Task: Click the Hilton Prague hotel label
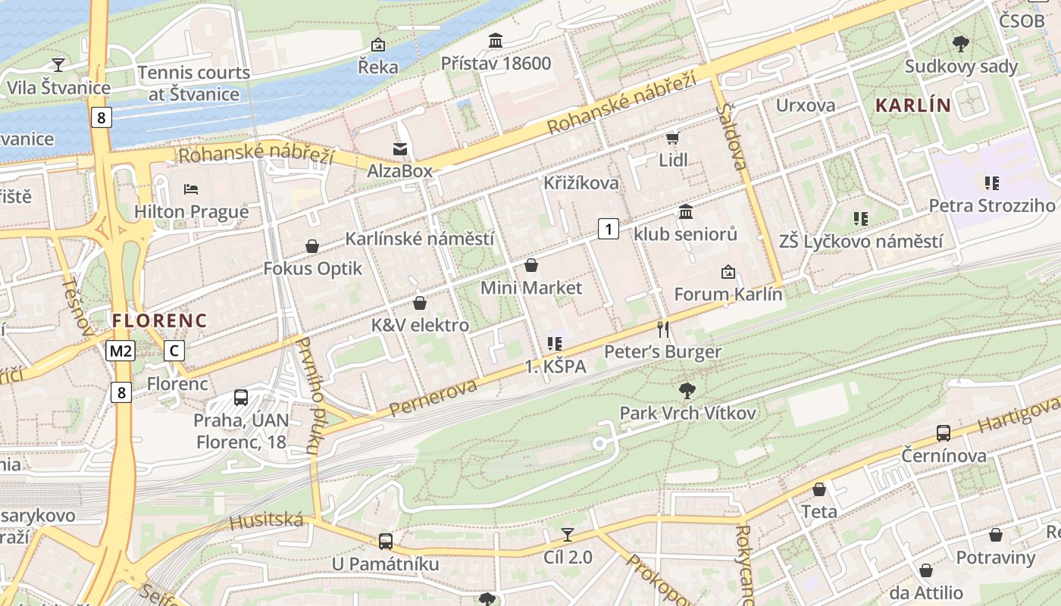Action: pyautogui.click(x=191, y=211)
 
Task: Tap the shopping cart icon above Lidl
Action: pyautogui.click(x=672, y=138)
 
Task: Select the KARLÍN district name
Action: pyautogui.click(x=912, y=105)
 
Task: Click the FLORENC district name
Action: pyautogui.click(x=159, y=320)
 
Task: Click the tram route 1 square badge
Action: pyautogui.click(x=608, y=228)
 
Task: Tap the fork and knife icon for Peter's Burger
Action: pyautogui.click(x=663, y=329)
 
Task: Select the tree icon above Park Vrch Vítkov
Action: pyautogui.click(x=687, y=391)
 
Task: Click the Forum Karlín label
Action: pyautogui.click(x=728, y=294)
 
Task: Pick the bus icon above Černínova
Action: pyautogui.click(x=944, y=433)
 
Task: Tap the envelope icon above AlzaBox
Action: pyautogui.click(x=399, y=149)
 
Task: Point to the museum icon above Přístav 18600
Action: pyautogui.click(x=496, y=40)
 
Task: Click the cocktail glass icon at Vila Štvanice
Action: pyautogui.click(x=58, y=64)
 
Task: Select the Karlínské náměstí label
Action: pyautogui.click(x=419, y=239)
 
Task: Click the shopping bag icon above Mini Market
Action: pyautogui.click(x=531, y=265)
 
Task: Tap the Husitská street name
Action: pyautogui.click(x=266, y=520)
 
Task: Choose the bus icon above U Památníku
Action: pyautogui.click(x=386, y=541)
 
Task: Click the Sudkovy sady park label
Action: pyautogui.click(x=961, y=67)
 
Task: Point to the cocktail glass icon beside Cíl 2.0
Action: pyautogui.click(x=568, y=535)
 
